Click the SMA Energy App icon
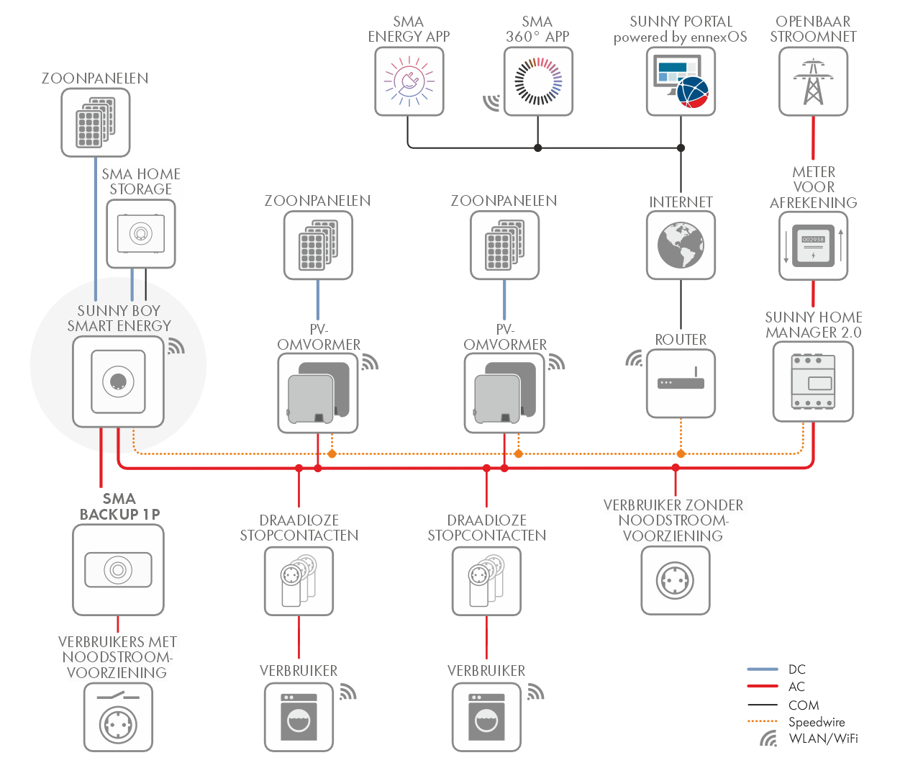pyautogui.click(x=409, y=81)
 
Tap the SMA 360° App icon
pyautogui.click(x=538, y=81)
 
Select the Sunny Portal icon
pyautogui.click(x=681, y=81)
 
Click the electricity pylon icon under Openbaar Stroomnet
pyautogui.click(x=813, y=81)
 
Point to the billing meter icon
pyautogui.click(x=813, y=246)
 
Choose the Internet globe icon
pyautogui.click(x=681, y=245)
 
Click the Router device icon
pyautogui.click(x=681, y=383)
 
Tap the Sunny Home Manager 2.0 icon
pyautogui.click(x=813, y=381)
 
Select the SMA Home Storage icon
pyautogui.click(x=140, y=233)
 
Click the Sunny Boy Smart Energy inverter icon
pyautogui.click(x=118, y=381)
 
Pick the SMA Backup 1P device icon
pyautogui.click(x=118, y=569)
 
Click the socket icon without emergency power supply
pyautogui.click(x=675, y=580)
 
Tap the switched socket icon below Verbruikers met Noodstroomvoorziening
pyautogui.click(x=118, y=717)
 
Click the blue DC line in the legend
pyautogui.click(x=763, y=669)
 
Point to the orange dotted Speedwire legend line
pyautogui.click(x=763, y=721)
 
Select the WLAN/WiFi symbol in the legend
pyautogui.click(x=768, y=739)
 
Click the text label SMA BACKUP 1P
pyautogui.click(x=119, y=506)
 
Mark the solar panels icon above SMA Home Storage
pyautogui.click(x=95, y=122)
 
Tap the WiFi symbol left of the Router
pyautogui.click(x=634, y=358)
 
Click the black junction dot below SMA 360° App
pyautogui.click(x=538, y=148)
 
